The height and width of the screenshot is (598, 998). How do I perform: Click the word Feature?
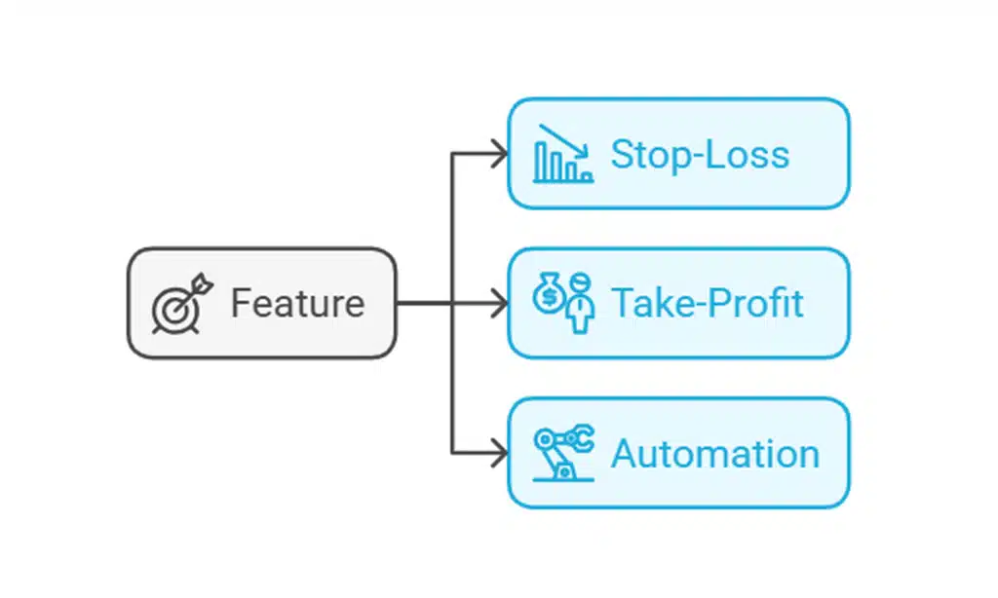(x=297, y=304)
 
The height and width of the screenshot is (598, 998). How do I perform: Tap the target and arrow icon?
(x=180, y=304)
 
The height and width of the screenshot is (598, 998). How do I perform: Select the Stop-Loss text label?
(x=699, y=154)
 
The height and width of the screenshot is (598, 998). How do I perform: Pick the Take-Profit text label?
(x=707, y=304)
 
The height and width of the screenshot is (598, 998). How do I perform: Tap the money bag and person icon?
(x=563, y=303)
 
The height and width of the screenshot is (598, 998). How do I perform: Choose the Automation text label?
(x=714, y=454)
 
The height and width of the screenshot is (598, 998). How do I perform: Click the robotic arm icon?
(x=563, y=453)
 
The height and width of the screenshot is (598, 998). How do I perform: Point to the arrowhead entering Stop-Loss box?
(x=499, y=153)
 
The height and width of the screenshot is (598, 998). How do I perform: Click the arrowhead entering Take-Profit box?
(x=499, y=303)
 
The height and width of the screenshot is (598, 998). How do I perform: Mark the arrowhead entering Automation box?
(x=499, y=453)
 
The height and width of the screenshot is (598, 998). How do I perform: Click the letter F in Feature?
(x=239, y=304)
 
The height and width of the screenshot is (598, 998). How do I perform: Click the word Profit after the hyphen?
(x=758, y=304)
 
